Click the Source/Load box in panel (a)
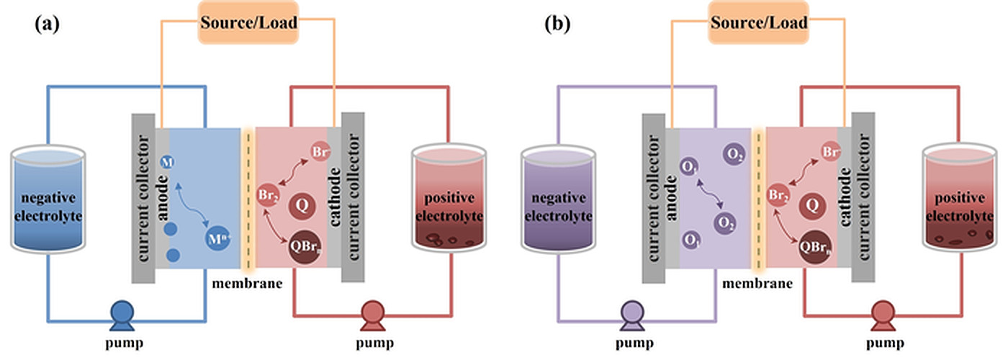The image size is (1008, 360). click(248, 22)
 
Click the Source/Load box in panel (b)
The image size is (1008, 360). click(758, 22)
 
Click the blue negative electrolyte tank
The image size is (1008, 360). click(48, 202)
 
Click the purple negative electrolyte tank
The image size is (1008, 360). click(558, 202)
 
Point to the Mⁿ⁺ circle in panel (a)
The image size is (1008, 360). click(218, 236)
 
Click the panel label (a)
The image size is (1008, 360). click(46, 24)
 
